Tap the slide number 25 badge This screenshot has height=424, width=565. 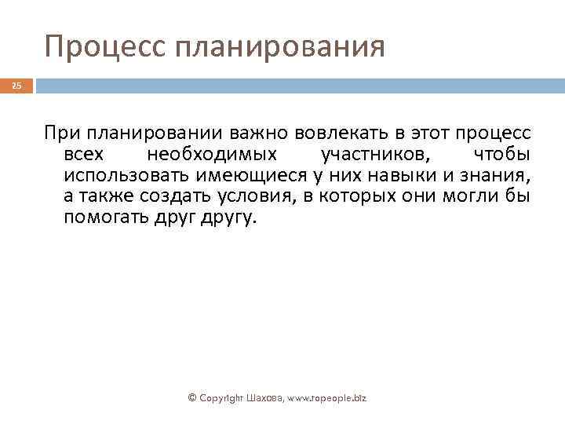(16, 86)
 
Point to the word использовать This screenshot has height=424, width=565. (126, 174)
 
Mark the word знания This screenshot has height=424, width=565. (492, 174)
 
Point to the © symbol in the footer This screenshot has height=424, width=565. (193, 398)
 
